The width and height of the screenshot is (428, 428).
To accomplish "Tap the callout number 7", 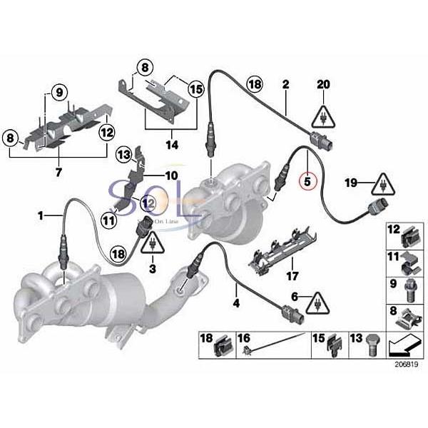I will coord(59,172).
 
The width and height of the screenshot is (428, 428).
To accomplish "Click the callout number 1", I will coord(41,214).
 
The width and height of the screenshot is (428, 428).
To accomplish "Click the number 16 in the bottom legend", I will coord(245,338).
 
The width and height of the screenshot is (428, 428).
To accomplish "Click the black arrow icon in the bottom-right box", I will coord(404,347).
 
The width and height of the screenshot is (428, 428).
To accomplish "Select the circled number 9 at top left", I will coord(59,91).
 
